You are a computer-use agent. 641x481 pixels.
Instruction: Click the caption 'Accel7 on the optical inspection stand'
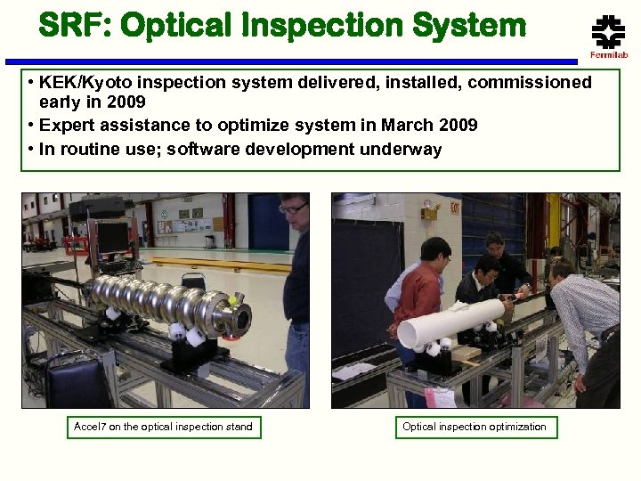coord(163,427)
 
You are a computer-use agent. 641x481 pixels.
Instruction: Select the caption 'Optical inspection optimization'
coord(475,427)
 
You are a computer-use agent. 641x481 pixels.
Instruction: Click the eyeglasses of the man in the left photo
coord(291,208)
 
